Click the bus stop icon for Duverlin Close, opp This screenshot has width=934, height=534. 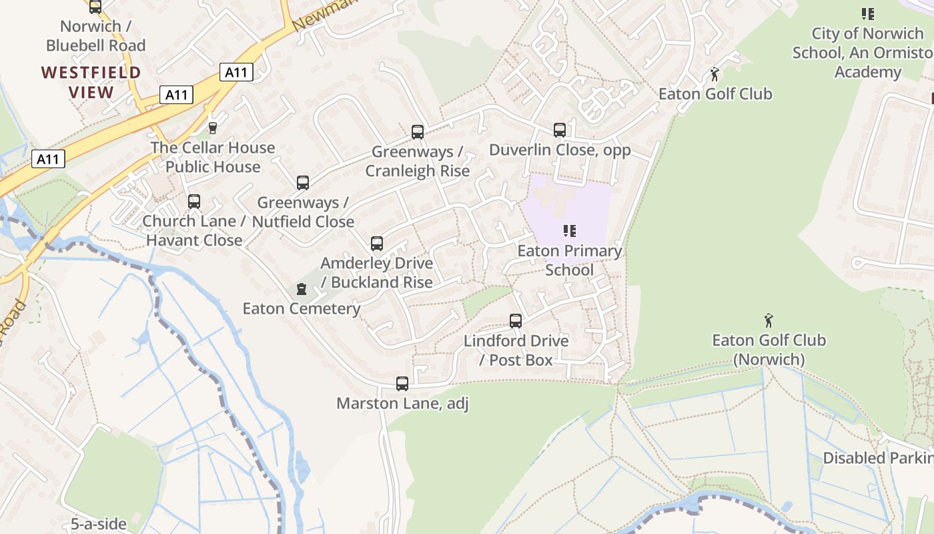[560, 130]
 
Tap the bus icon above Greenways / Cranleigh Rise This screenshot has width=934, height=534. [418, 132]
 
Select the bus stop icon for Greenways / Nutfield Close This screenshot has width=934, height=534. [303, 183]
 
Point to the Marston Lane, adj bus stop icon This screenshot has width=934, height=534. [402, 384]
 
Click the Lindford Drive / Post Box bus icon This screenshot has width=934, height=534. [516, 321]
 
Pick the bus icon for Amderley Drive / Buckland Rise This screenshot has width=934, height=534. [377, 244]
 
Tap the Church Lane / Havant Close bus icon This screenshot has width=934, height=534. [194, 202]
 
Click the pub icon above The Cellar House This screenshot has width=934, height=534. [213, 127]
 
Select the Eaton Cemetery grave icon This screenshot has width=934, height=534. [302, 289]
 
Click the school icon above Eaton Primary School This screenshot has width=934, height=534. [569, 231]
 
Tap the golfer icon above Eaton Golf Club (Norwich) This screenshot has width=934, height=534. [769, 320]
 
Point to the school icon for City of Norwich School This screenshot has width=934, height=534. [867, 13]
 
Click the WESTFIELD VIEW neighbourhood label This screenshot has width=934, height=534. [91, 82]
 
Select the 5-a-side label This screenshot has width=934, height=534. [99, 524]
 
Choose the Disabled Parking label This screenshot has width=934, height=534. [878, 458]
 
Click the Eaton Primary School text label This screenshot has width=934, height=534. [570, 260]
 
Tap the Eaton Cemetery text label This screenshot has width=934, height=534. [302, 308]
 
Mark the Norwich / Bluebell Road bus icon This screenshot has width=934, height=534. [95, 7]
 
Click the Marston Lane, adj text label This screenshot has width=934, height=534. [402, 403]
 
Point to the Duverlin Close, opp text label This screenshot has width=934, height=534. [560, 150]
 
